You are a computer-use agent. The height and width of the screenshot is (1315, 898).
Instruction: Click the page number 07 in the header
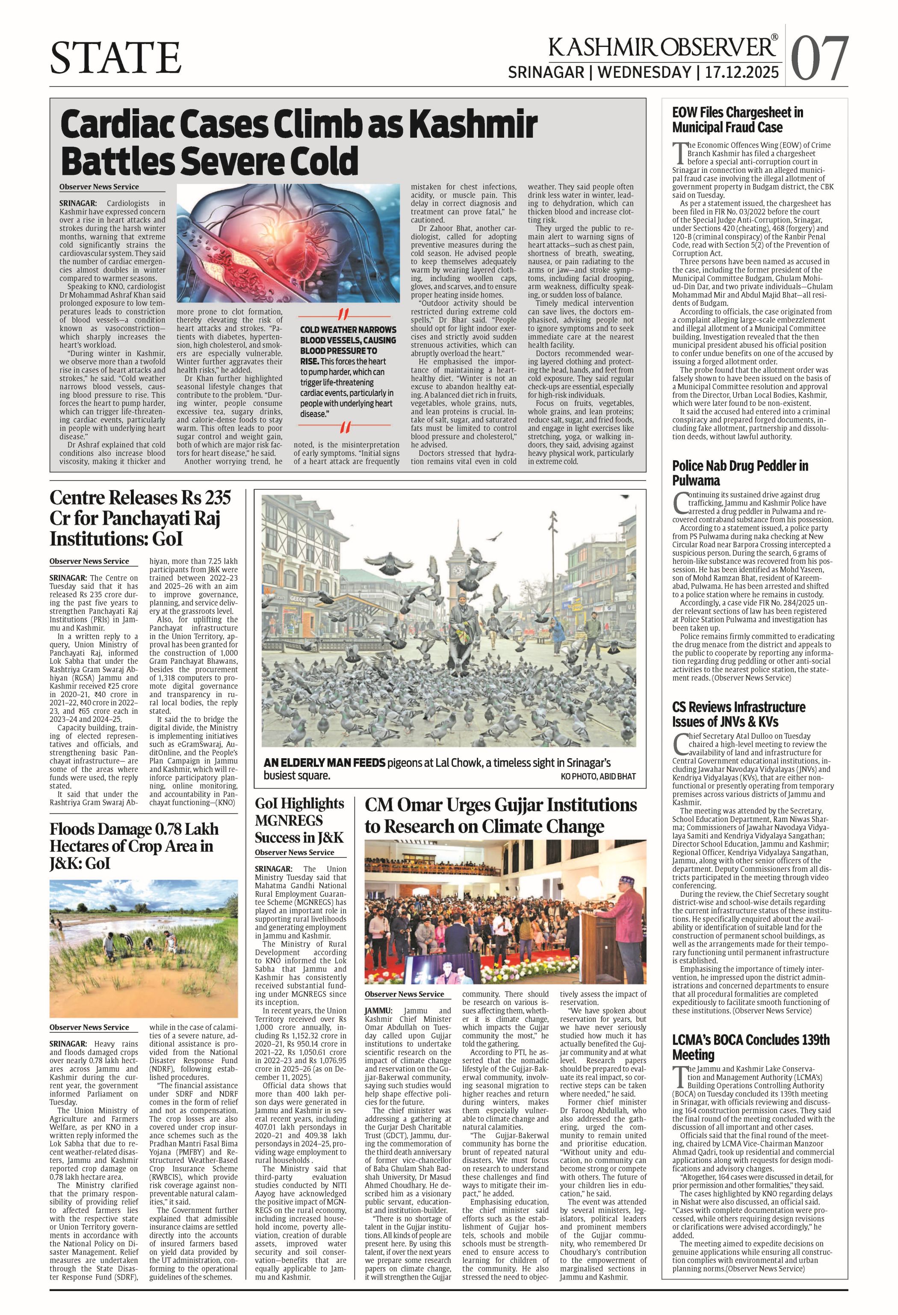[819, 58]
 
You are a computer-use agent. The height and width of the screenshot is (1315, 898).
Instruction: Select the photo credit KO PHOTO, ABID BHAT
[598, 776]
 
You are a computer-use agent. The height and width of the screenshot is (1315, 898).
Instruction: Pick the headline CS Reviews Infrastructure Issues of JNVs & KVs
[738, 714]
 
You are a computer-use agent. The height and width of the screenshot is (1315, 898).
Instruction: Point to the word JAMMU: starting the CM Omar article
[381, 1011]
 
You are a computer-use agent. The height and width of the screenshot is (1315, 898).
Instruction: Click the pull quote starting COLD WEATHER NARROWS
[348, 371]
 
